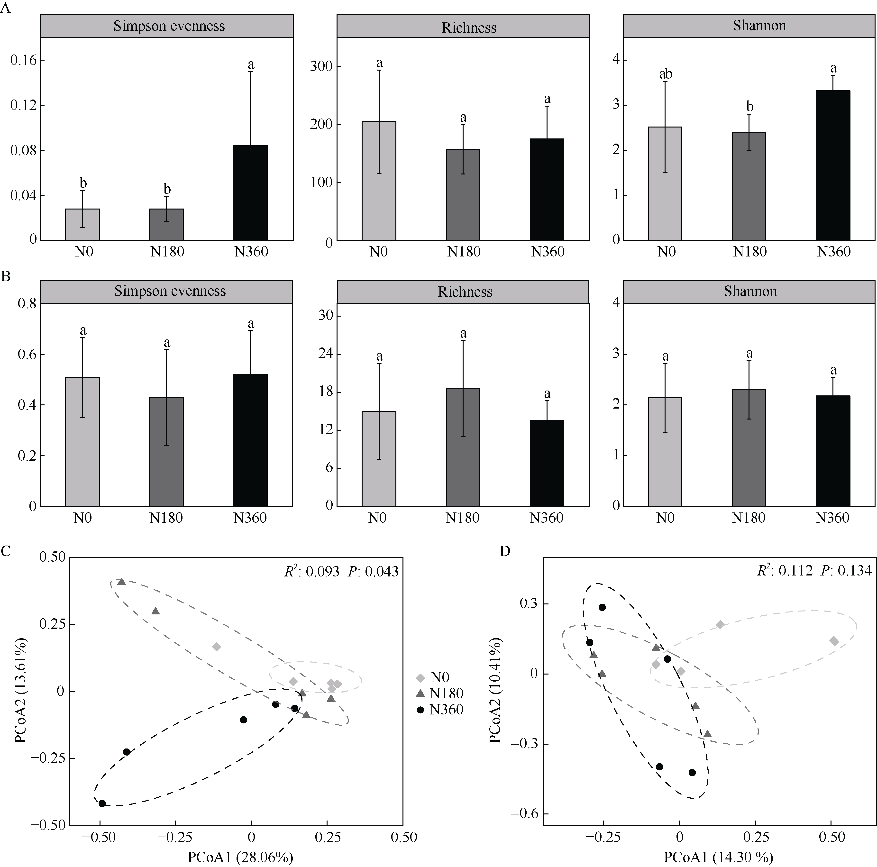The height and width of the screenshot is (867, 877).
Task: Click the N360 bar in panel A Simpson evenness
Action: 250,193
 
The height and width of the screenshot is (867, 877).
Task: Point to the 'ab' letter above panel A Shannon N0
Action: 666,74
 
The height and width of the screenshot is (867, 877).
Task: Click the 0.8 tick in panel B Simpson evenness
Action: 27,304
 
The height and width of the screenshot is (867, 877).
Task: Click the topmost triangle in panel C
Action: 121,582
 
